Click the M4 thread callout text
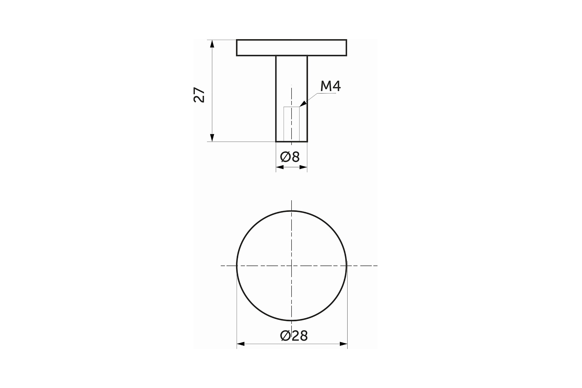click(x=331, y=86)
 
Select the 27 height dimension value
click(x=199, y=95)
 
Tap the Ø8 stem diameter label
click(x=290, y=157)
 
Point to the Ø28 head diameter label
click(x=294, y=336)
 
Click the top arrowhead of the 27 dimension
click(x=212, y=44)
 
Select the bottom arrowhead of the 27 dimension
click(x=212, y=138)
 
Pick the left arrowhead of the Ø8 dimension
click(x=280, y=167)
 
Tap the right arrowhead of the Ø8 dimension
click(x=303, y=167)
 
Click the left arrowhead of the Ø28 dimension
click(x=241, y=344)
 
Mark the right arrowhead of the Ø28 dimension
click(x=343, y=344)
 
